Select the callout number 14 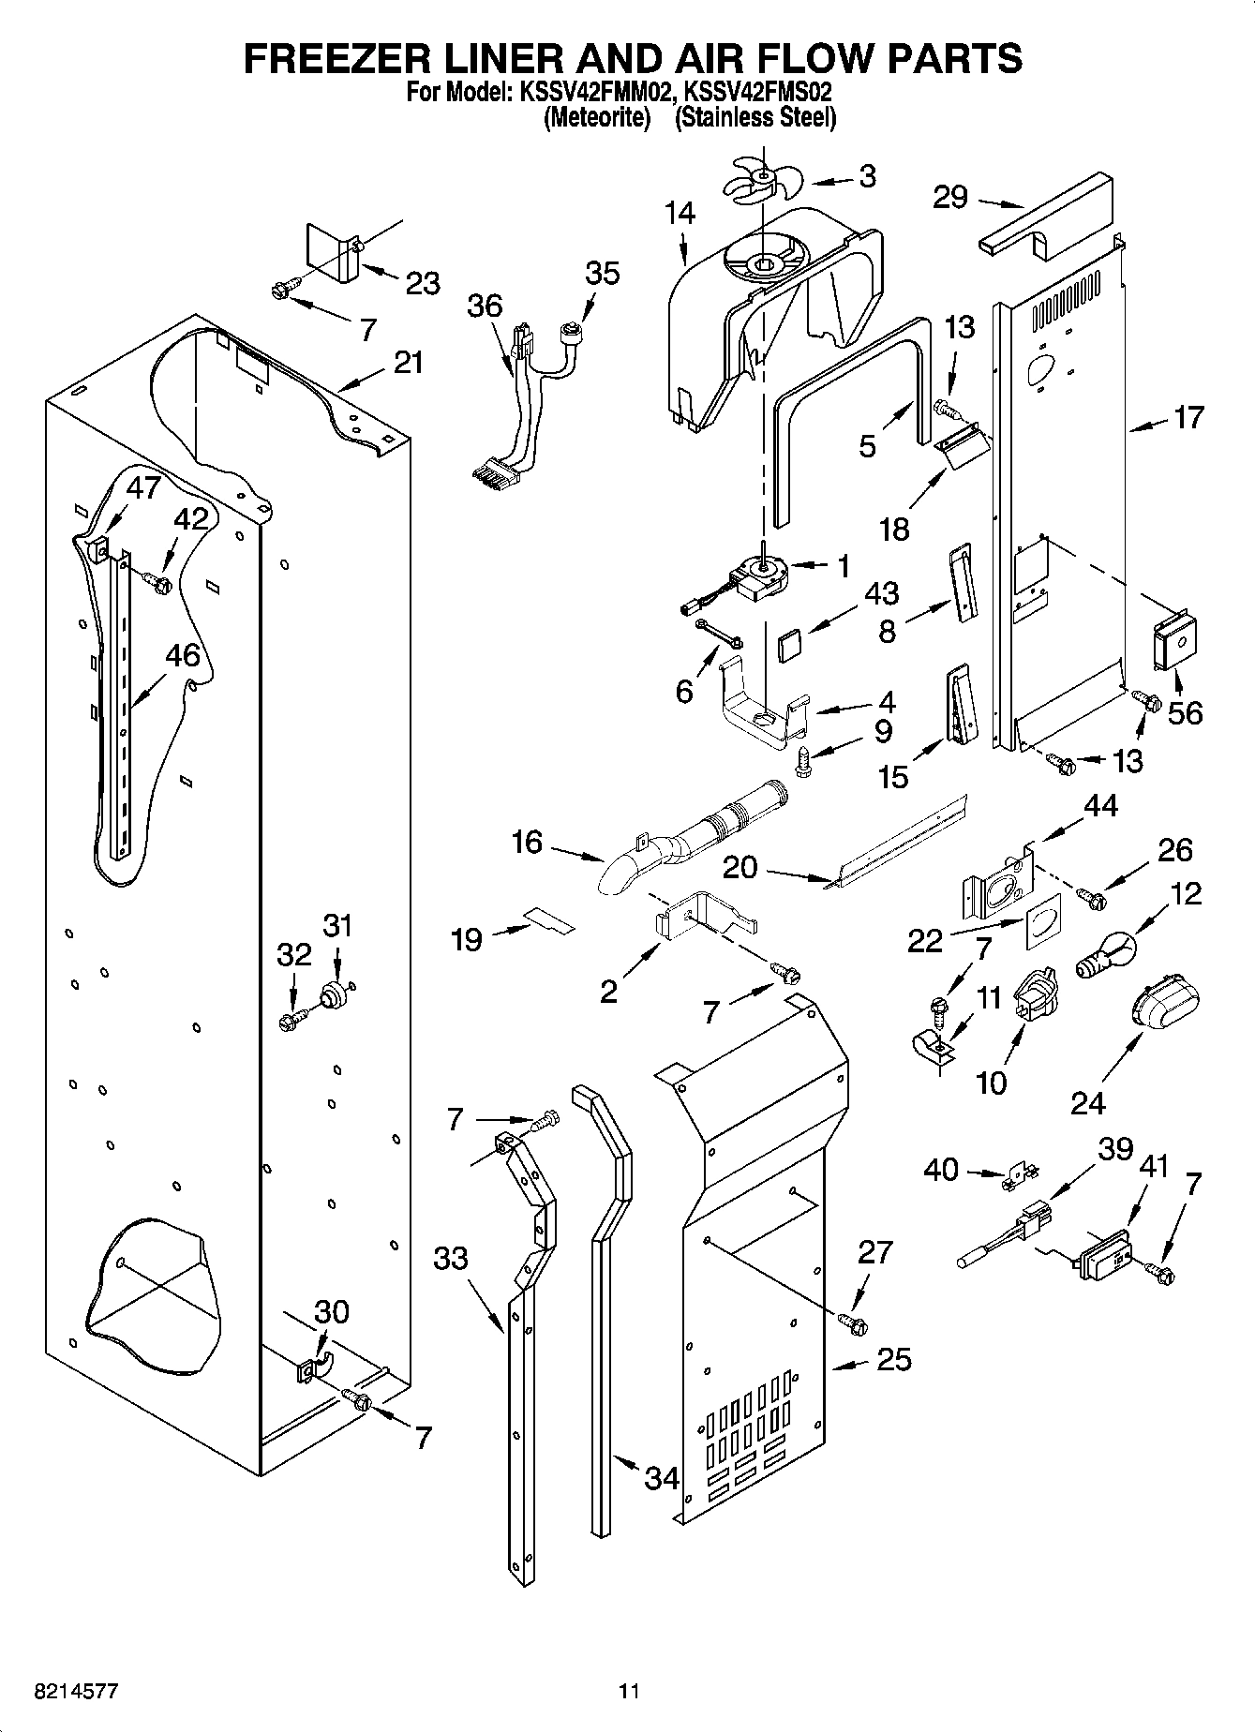click(680, 214)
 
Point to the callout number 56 click(1185, 713)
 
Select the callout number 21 click(408, 363)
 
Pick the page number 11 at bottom click(629, 1693)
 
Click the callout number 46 click(183, 656)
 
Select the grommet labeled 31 click(331, 995)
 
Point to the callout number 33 click(451, 1258)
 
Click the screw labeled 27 click(853, 1322)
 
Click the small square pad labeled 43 click(790, 645)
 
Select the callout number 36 click(486, 306)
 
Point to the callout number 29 click(950, 198)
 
